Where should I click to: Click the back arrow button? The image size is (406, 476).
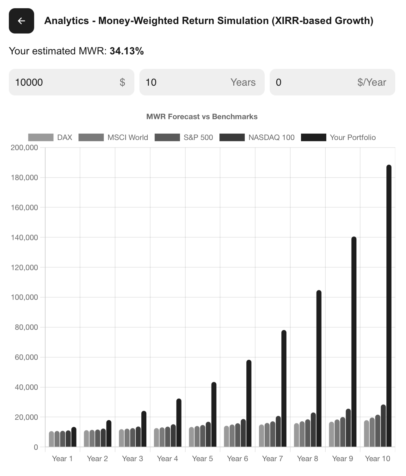[21, 21]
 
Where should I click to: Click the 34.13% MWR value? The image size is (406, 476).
[126, 51]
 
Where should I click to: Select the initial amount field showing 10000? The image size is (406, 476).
[71, 82]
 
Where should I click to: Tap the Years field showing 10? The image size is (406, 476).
[202, 82]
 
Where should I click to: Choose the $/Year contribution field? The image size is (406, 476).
[332, 82]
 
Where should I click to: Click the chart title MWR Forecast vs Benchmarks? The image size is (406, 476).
[202, 117]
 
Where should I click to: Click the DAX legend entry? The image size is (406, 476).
[50, 137]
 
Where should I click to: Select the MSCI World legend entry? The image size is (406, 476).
[113, 137]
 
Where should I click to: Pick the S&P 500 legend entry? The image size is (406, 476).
[184, 137]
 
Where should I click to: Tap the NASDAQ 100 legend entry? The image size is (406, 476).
[257, 137]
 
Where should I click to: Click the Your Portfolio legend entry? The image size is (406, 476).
[338, 137]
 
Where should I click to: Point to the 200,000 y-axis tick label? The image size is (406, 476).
[24, 148]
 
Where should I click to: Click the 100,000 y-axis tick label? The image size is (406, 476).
[24, 297]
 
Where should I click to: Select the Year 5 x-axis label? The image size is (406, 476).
[202, 459]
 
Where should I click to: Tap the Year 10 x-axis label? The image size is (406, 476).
[378, 459]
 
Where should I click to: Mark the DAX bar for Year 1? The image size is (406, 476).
[52, 439]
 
